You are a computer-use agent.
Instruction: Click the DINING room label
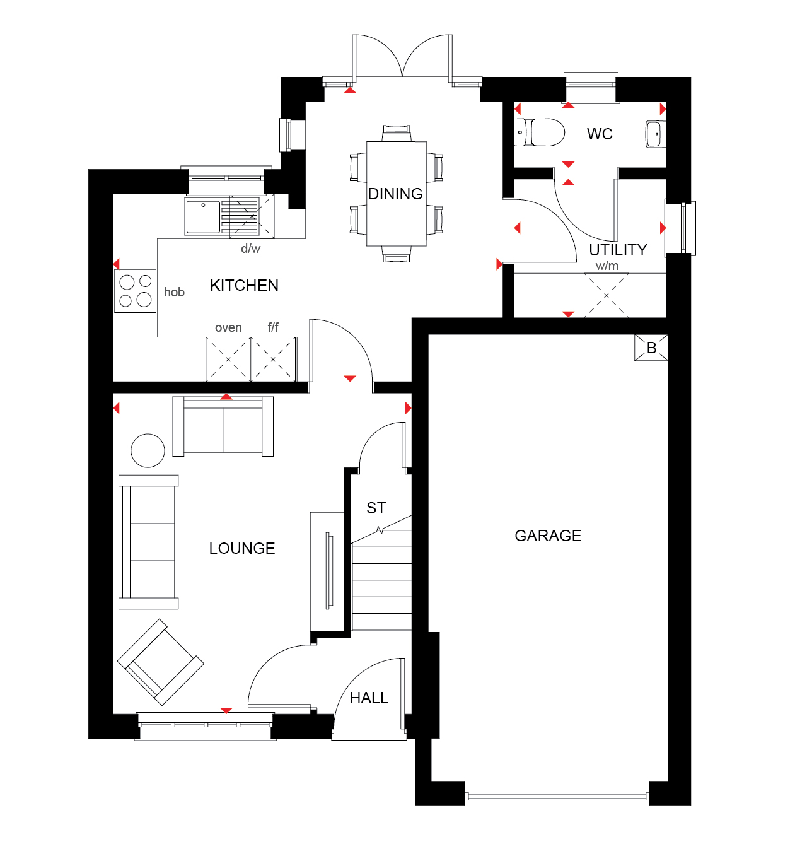(x=395, y=194)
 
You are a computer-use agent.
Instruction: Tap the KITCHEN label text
(x=244, y=286)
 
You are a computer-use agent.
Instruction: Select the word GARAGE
(x=548, y=536)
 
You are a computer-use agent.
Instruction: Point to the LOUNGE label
(x=242, y=548)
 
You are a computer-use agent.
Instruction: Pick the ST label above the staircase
(x=376, y=508)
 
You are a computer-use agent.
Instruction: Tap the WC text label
(x=600, y=134)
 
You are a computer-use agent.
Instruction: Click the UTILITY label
(x=618, y=250)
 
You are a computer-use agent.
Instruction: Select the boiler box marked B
(x=651, y=348)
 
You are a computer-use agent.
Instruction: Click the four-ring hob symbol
(x=135, y=291)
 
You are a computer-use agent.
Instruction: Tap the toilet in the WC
(x=540, y=132)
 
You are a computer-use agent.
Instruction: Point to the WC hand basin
(x=656, y=134)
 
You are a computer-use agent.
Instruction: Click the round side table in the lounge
(x=148, y=450)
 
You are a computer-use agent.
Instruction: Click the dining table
(x=397, y=194)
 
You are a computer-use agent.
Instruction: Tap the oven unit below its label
(x=228, y=360)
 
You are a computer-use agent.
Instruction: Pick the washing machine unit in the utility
(x=607, y=295)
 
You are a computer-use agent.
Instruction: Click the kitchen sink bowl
(x=203, y=217)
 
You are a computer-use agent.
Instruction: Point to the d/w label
(x=250, y=249)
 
